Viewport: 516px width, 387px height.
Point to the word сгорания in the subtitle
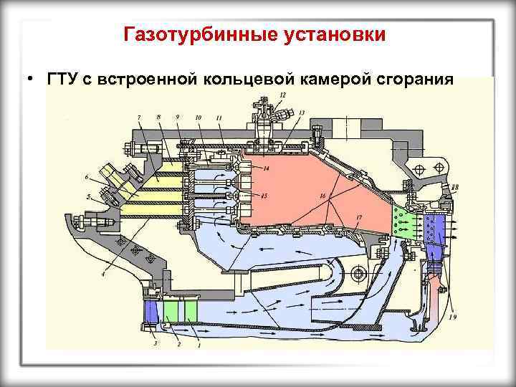[x=415, y=78]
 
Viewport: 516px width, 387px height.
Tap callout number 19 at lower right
[x=454, y=317]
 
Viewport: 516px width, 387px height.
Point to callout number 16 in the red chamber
[x=323, y=196]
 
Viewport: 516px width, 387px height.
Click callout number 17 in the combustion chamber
[x=358, y=215]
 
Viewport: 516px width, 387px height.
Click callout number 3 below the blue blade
[x=154, y=345]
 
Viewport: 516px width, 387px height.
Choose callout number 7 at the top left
[x=139, y=117]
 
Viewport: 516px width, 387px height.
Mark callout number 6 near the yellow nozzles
[x=87, y=177]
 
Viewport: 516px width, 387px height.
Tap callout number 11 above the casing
[x=218, y=117]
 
